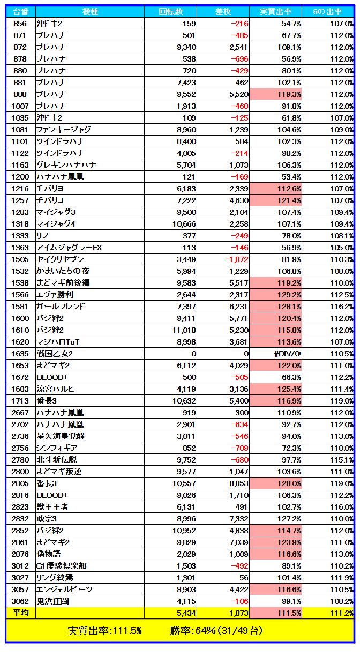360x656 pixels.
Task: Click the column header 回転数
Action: click(171, 12)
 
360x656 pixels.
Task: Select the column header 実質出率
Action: click(275, 12)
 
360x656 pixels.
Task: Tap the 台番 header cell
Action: click(20, 12)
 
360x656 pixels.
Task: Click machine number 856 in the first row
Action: click(20, 24)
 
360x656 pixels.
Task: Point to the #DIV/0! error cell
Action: click(287, 354)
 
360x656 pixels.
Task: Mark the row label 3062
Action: click(20, 601)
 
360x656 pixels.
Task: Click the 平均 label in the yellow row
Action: click(20, 613)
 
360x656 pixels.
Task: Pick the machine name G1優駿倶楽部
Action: click(61, 566)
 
